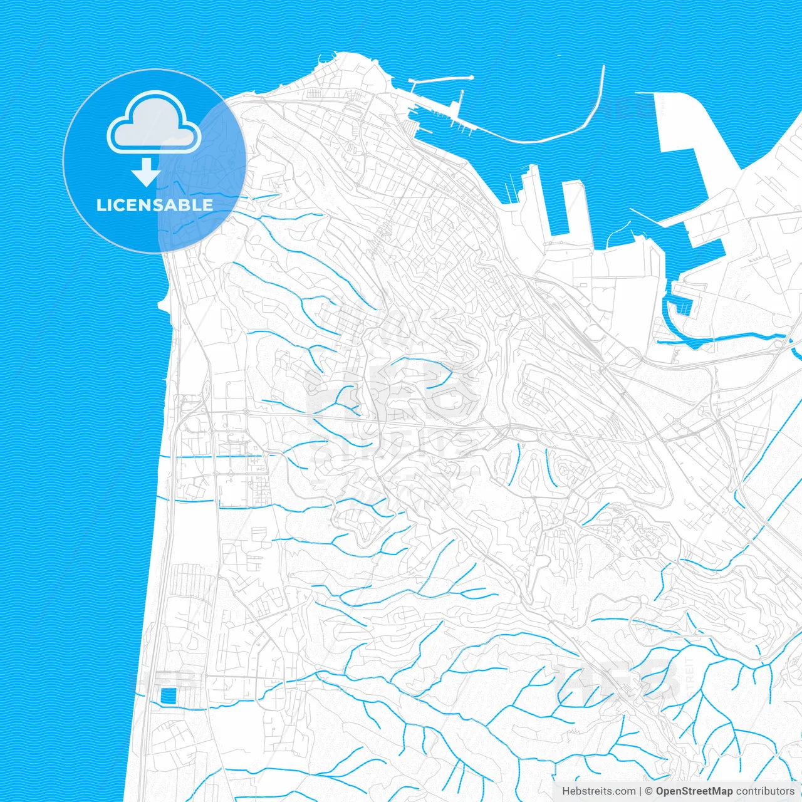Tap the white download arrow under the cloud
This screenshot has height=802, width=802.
tap(147, 172)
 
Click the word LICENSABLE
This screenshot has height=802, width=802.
tap(154, 205)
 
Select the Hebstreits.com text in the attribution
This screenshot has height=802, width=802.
tap(598, 791)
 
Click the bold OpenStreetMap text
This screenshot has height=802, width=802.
tap(694, 791)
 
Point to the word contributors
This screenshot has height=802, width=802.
tap(764, 791)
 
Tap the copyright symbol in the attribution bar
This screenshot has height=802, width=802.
tap(649, 791)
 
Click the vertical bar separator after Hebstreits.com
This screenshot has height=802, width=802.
tap(640, 791)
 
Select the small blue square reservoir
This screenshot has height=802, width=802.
tap(169, 695)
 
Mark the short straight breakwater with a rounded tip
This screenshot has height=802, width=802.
tap(439, 80)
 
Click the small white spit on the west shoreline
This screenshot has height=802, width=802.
tap(162, 306)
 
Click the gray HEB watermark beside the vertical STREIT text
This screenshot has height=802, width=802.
tap(617, 680)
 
